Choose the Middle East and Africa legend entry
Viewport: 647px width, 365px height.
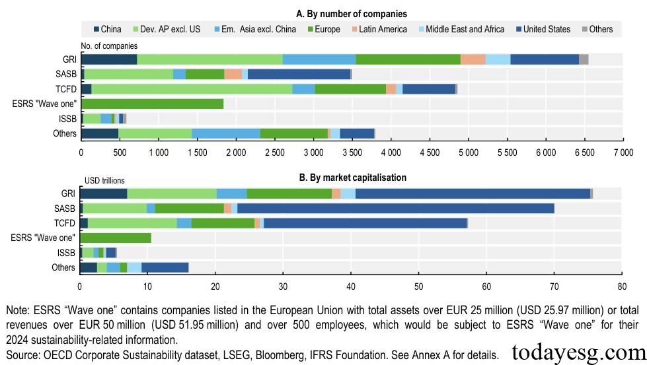(x=460, y=29)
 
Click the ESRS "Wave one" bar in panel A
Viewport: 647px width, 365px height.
(x=152, y=104)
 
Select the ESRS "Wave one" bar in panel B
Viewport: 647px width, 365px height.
(x=116, y=238)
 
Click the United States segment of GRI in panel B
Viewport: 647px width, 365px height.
(x=473, y=193)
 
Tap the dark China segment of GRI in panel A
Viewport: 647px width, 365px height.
(x=109, y=59)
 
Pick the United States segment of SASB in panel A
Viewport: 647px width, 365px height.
(x=299, y=74)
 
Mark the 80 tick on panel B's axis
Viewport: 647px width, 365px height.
(x=621, y=286)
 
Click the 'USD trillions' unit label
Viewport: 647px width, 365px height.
(x=104, y=180)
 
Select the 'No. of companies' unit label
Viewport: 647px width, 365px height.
(x=109, y=46)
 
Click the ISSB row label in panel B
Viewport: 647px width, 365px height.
(x=66, y=252)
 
